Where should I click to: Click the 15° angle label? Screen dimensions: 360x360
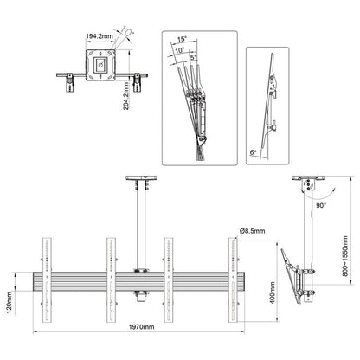pos(180,38)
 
